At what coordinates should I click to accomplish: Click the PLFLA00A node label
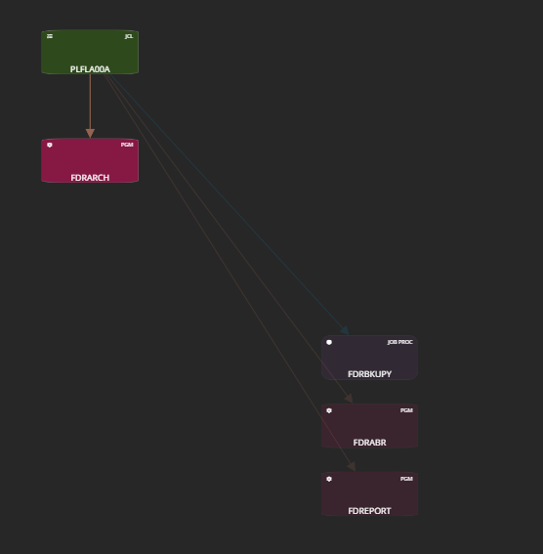(90, 69)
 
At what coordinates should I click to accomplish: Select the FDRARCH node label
(90, 178)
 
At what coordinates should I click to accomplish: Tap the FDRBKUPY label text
(369, 374)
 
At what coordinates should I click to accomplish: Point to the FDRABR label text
(369, 443)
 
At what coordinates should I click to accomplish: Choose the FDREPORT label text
(369, 511)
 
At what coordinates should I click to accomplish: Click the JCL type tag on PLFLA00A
(129, 36)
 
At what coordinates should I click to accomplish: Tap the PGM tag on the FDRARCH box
(127, 145)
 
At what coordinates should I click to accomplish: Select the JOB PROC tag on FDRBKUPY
(400, 342)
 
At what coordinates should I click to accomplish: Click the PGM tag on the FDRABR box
(406, 410)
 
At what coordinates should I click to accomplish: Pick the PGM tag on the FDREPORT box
(406, 479)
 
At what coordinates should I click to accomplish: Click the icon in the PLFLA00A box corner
(50, 36)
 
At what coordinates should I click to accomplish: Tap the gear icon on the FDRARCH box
(50, 145)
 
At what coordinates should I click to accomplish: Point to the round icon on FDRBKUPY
(329, 342)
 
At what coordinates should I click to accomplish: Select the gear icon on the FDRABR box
(329, 410)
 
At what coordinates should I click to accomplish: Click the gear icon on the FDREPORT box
(329, 479)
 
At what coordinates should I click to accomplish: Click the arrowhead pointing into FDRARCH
(90, 133)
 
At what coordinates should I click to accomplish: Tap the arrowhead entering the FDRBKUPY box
(345, 330)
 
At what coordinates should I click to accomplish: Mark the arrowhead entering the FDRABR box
(349, 399)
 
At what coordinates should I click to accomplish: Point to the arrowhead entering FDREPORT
(352, 466)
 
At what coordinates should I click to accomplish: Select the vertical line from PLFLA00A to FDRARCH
(90, 102)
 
